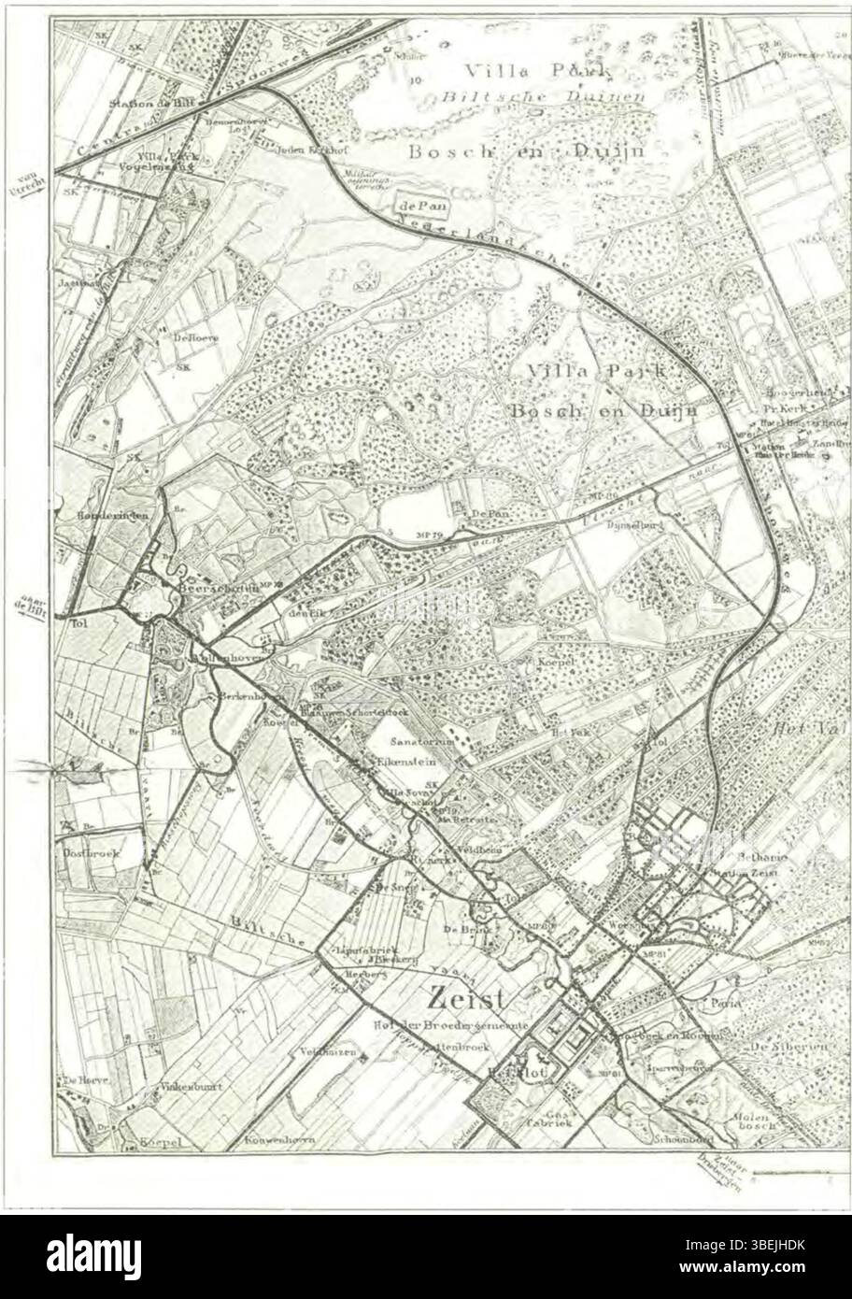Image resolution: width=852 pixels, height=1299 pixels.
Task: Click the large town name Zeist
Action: click(463, 999)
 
